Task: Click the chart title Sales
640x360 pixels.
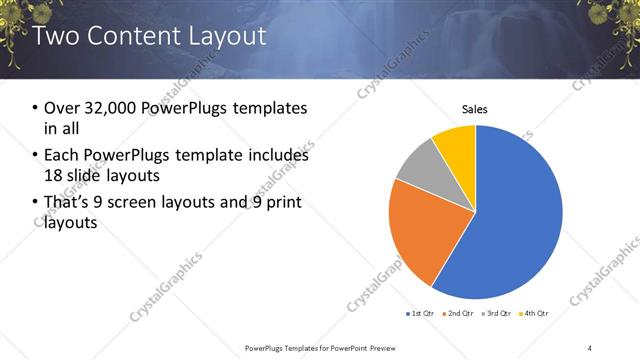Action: (474, 109)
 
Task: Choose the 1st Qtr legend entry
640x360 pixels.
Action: (419, 314)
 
